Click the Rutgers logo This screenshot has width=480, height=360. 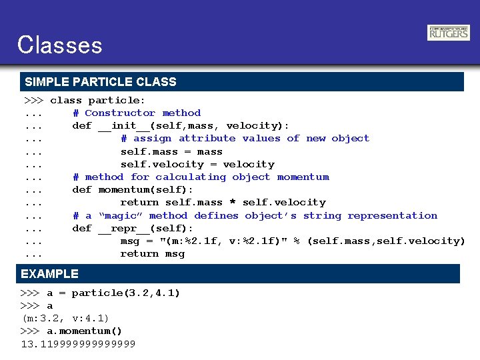point(448,33)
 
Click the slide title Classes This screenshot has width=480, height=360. point(60,45)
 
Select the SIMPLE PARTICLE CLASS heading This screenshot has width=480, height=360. point(101,82)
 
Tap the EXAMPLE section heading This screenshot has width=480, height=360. point(50,274)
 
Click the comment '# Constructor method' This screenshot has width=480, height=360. point(137,113)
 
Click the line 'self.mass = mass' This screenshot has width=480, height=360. point(171,152)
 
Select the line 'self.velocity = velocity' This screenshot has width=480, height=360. point(197,165)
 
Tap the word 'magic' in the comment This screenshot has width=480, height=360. point(120,216)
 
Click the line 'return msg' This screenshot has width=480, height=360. point(152,254)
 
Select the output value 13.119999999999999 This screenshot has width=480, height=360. point(78,344)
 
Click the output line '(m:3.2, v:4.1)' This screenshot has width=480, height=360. point(65,319)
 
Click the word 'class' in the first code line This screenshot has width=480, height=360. point(66,101)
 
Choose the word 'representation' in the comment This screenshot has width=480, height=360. point(392,216)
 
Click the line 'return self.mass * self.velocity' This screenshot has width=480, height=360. point(223,203)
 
